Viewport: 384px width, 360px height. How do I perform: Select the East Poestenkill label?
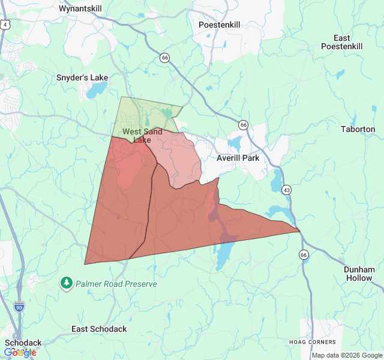pos(342,42)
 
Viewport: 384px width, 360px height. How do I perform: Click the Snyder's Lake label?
pos(82,77)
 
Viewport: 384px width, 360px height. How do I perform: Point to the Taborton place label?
pos(358,129)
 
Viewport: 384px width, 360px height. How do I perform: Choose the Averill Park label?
pos(238,158)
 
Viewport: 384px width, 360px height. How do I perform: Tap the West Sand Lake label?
pos(143,135)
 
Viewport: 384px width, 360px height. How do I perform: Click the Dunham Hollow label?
pos(359,274)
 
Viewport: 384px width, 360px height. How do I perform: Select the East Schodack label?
pos(99,329)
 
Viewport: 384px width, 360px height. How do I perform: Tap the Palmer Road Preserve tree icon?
pos(67,282)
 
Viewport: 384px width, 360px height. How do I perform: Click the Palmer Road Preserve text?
pos(116,284)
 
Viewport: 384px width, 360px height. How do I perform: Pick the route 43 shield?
pos(287,190)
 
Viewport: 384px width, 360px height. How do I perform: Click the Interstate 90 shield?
pos(19,306)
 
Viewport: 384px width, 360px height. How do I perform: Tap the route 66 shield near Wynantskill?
pos(165,58)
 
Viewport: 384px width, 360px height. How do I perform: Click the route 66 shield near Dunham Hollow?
pos(304,254)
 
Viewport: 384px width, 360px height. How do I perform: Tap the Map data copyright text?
pos(347,355)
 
